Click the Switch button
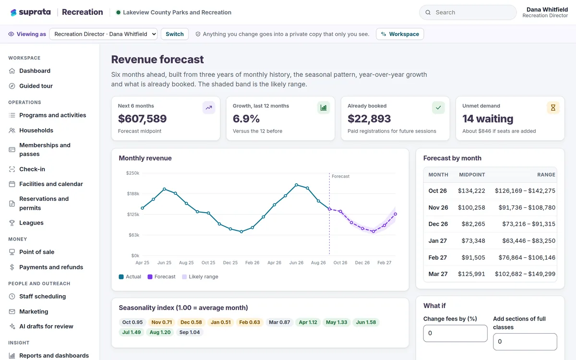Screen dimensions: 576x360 click(x=175, y=34)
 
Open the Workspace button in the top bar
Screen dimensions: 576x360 click(x=400, y=34)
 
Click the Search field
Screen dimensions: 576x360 click(x=468, y=12)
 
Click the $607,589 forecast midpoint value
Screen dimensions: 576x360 click(x=142, y=119)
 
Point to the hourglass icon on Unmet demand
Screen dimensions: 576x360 click(x=553, y=108)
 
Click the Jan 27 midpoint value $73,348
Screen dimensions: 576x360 click(x=473, y=240)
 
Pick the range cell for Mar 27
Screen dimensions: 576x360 click(x=525, y=274)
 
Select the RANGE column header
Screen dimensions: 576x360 click(x=546, y=175)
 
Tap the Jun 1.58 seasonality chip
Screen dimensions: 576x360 click(x=366, y=322)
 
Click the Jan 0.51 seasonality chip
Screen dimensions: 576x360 click(x=221, y=322)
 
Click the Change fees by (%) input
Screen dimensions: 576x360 click(x=455, y=333)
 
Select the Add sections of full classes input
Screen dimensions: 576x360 click(x=525, y=342)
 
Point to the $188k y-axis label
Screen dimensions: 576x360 click(x=133, y=193)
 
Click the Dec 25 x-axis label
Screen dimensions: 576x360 click(x=230, y=263)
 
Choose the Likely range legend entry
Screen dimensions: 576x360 click(x=200, y=276)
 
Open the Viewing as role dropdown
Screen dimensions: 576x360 click(x=103, y=34)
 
